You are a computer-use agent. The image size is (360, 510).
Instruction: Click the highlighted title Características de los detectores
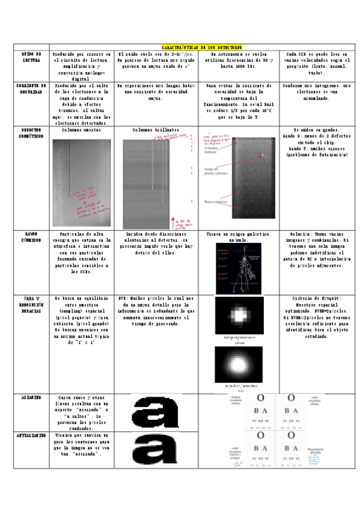(x=201, y=46)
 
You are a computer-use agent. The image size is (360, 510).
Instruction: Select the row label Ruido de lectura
(x=31, y=57)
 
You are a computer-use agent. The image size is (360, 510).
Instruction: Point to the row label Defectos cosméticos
(x=31, y=133)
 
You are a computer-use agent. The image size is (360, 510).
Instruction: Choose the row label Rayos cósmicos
(x=31, y=237)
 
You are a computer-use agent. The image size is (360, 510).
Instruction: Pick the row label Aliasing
(x=31, y=398)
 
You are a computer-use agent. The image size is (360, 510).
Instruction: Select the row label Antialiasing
(x=31, y=434)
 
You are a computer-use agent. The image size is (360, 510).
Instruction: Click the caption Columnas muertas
(x=81, y=130)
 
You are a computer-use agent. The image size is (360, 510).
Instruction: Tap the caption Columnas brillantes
(x=156, y=130)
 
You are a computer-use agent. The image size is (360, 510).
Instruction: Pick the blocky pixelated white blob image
(x=239, y=315)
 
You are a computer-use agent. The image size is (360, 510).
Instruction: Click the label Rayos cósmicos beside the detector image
(x=215, y=201)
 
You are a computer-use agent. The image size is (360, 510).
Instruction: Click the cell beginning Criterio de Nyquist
(x=317, y=317)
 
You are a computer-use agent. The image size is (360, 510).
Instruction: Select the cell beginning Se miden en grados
(x=317, y=142)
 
